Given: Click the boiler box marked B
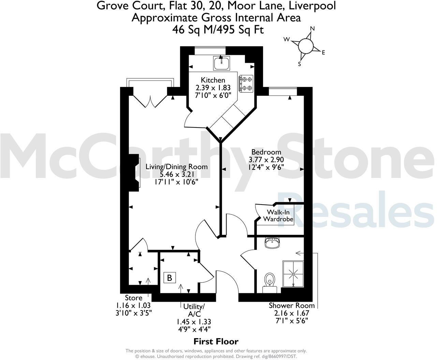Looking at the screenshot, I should point(170,277).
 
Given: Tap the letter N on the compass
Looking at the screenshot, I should point(312,29).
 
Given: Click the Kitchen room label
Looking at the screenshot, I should point(213,80).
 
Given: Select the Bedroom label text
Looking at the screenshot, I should point(266,152).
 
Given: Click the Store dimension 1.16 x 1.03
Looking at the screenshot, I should point(133,305).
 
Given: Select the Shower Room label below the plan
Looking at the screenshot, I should point(291,305).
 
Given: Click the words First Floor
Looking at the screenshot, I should point(216,341).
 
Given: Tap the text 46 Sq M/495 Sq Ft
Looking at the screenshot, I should point(218,30).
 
